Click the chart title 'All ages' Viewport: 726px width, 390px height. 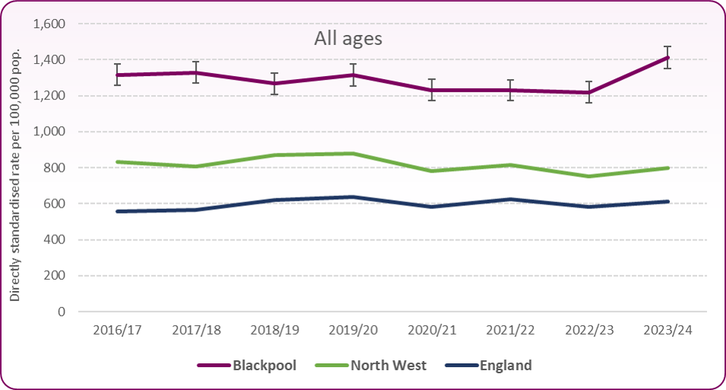pyautogui.click(x=348, y=39)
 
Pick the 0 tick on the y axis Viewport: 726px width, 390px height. pyautogui.click(x=62, y=312)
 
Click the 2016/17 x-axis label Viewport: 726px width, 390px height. pyautogui.click(x=117, y=331)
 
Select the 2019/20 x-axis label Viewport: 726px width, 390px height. pyautogui.click(x=352, y=331)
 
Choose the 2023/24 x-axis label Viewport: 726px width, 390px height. pyautogui.click(x=667, y=331)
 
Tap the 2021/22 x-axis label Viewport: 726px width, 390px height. pyautogui.click(x=510, y=331)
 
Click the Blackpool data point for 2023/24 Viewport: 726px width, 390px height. pyautogui.click(x=667, y=57)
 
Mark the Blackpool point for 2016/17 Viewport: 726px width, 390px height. pyautogui.click(x=117, y=75)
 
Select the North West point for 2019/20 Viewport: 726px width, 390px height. pyautogui.click(x=352, y=154)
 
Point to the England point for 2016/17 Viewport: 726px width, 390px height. pyautogui.click(x=117, y=211)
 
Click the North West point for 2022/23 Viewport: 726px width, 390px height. pyautogui.click(x=589, y=176)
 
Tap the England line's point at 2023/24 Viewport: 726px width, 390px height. pyautogui.click(x=667, y=201)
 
